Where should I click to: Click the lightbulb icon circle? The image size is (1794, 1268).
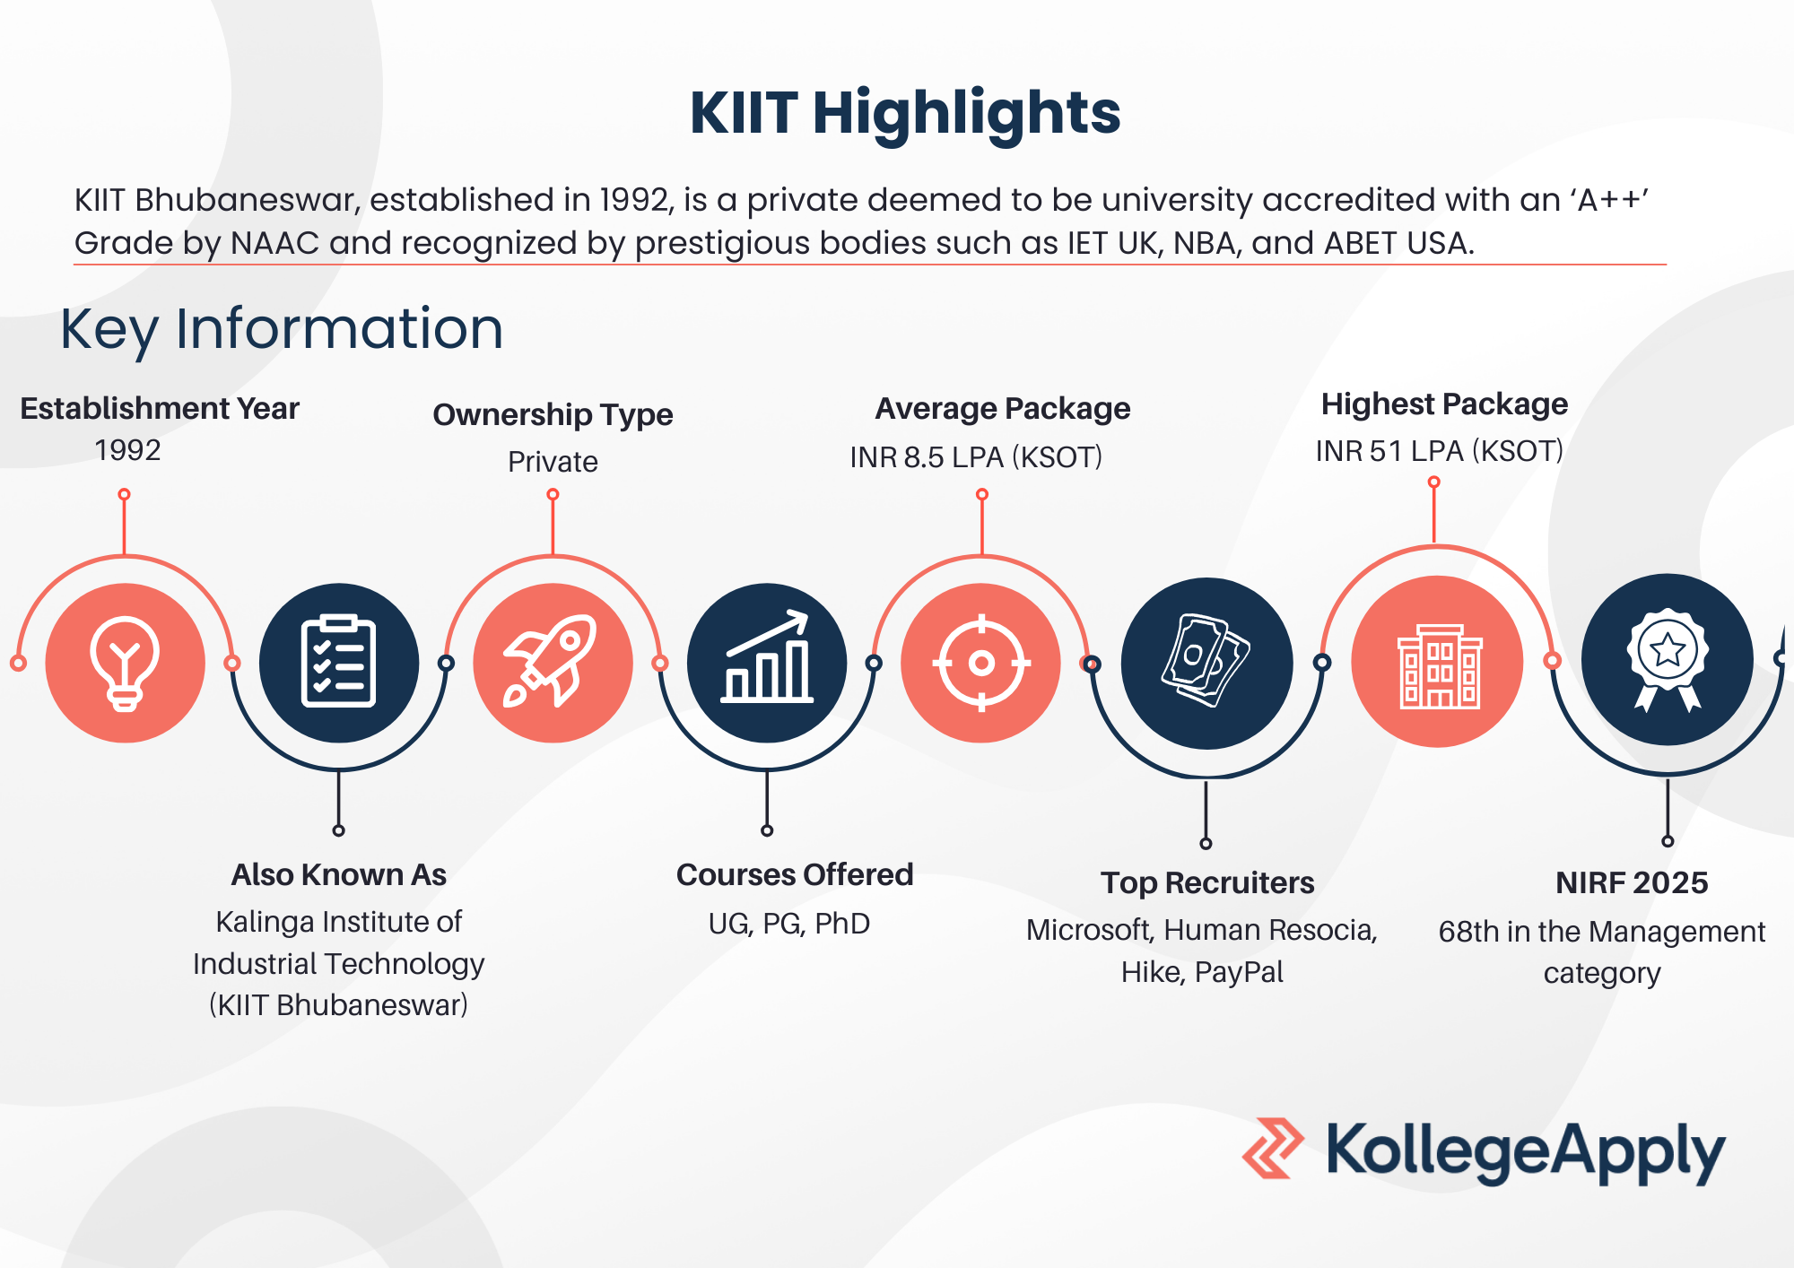coord(125,663)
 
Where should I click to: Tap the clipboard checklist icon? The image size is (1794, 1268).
coord(338,663)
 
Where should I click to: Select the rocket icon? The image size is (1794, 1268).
coord(551,661)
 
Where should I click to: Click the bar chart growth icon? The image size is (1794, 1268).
coord(767,656)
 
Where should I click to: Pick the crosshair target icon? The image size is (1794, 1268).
coord(981,663)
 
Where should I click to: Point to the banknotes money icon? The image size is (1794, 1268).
coord(1206,661)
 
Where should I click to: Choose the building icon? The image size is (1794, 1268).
coord(1440,666)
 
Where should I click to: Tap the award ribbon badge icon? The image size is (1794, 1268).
coord(1668,660)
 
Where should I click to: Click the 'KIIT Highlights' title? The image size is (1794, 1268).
coord(905,113)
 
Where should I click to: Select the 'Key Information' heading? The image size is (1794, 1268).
coord(282,329)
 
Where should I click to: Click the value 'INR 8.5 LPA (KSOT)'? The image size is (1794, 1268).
coord(976,457)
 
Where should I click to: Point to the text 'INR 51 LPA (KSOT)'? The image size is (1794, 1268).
coord(1440,451)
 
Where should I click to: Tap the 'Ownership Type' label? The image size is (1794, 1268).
coord(553,415)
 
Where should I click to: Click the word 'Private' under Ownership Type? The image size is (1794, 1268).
coord(553,462)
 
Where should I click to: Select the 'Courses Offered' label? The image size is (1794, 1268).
coord(795,874)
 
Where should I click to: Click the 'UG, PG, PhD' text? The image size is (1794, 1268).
coord(789,924)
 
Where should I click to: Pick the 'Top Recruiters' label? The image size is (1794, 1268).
coord(1207,883)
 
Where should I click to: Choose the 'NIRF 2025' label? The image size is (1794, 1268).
coord(1632,882)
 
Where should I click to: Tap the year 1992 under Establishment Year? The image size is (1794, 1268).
coord(128,450)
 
